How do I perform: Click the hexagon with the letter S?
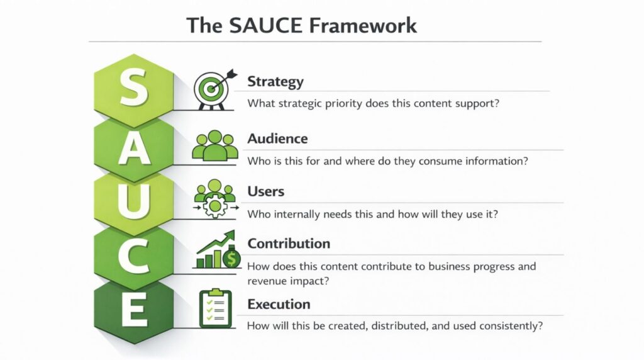(x=134, y=89)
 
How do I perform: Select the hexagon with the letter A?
(x=134, y=147)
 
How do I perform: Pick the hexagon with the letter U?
(x=134, y=200)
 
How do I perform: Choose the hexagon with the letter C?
(x=134, y=256)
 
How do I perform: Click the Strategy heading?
(x=275, y=81)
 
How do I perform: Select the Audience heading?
(x=277, y=138)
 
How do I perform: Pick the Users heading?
(x=266, y=191)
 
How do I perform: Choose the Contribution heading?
(x=289, y=244)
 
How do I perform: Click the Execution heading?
(x=279, y=304)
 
